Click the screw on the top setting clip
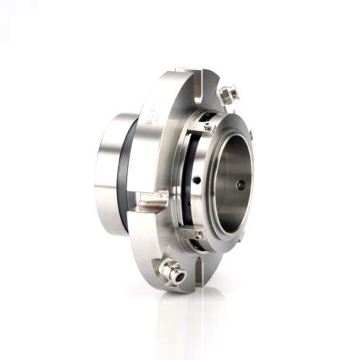coord(208,127)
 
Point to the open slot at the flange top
coord(203,77)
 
